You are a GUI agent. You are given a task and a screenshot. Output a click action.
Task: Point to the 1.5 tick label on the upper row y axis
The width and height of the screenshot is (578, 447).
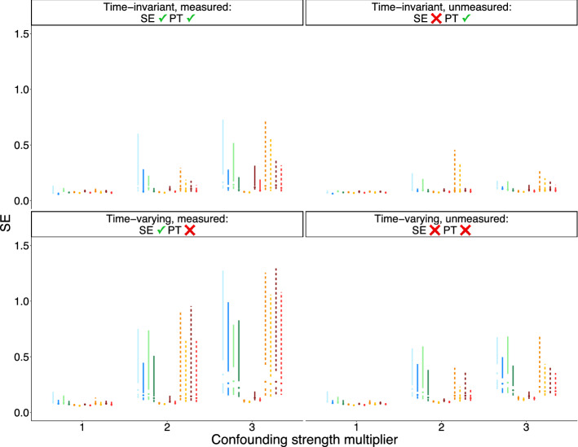(x=22, y=33)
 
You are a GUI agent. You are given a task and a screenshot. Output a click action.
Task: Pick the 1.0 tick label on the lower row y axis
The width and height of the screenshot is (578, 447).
(x=22, y=301)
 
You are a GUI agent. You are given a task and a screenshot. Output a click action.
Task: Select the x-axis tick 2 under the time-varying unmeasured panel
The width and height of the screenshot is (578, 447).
(x=440, y=427)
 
